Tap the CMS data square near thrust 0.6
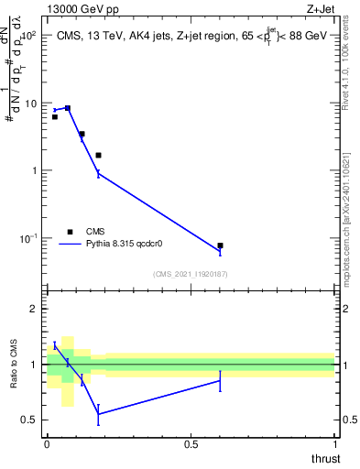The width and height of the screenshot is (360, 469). pos(220,245)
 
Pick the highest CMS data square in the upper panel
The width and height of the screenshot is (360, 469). pos(67,108)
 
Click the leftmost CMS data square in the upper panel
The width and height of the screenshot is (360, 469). pos(55,117)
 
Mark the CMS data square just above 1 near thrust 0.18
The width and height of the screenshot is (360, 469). pos(98,156)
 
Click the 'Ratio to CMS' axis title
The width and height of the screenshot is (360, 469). pos(13,365)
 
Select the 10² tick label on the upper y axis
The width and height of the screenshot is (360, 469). pos(27,36)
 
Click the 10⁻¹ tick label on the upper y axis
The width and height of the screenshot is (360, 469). pos(27,238)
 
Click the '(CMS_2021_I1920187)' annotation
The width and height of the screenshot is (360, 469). pos(191,274)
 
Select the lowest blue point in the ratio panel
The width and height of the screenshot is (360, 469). pos(98,414)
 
